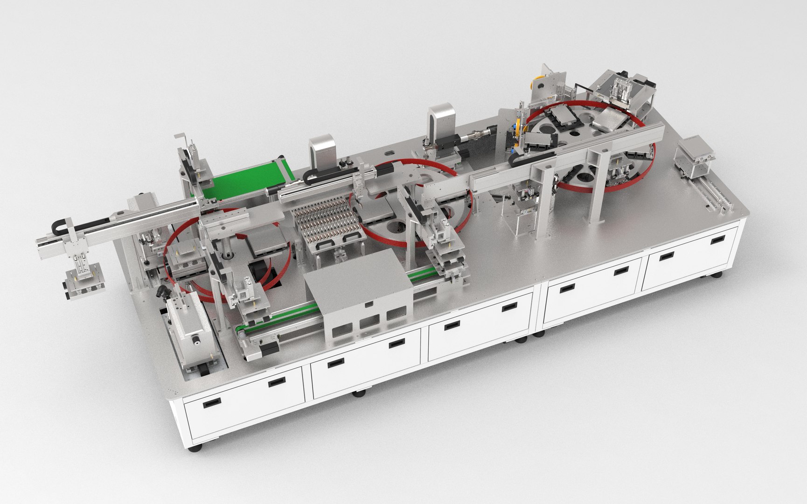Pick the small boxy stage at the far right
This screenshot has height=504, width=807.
click(696, 156)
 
